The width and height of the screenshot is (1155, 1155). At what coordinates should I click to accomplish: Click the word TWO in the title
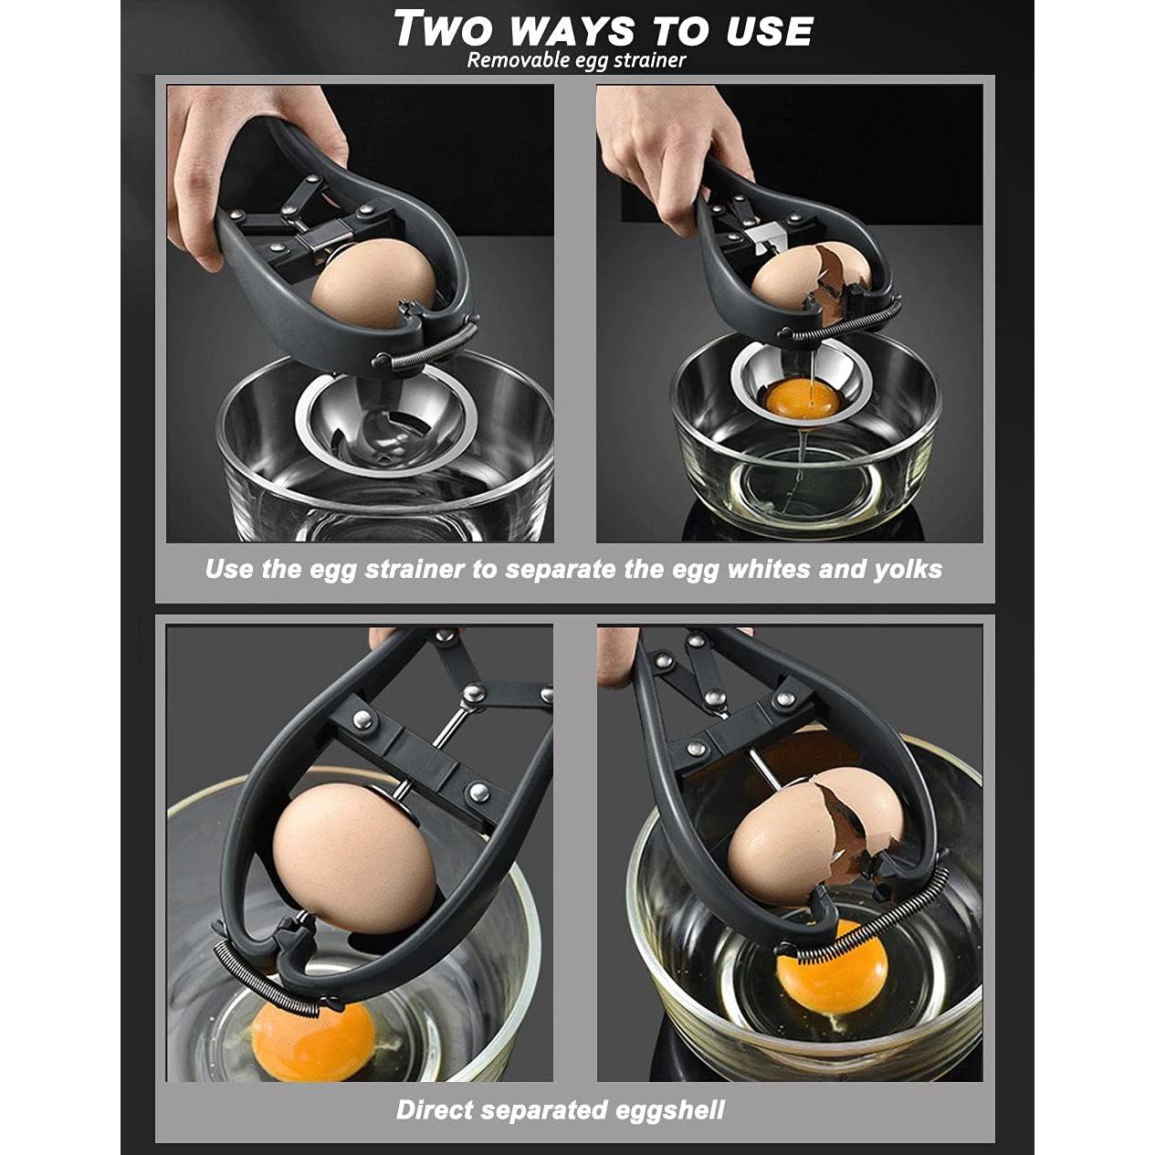(x=446, y=29)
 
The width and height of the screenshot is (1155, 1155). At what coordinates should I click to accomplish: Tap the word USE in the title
(x=769, y=32)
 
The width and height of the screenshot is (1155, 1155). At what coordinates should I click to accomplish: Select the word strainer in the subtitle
(x=648, y=61)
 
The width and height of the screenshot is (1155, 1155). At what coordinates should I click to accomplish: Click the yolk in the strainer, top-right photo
(x=803, y=398)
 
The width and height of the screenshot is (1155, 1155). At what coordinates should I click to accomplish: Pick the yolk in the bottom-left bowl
(x=313, y=1041)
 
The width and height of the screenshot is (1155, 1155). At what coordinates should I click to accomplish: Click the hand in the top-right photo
(x=667, y=146)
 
